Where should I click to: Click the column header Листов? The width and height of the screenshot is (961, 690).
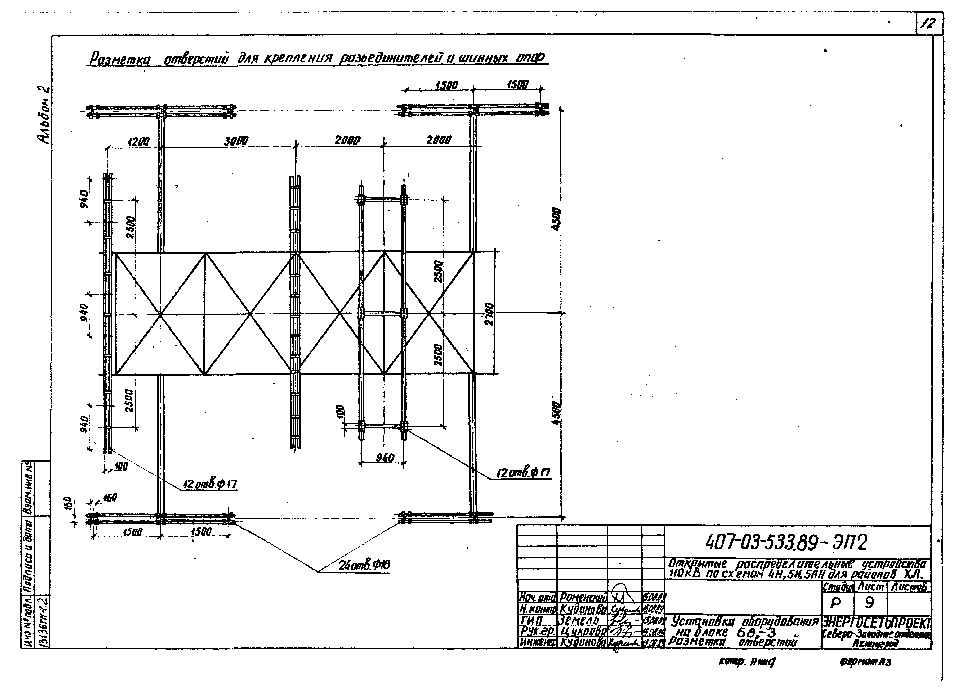click(x=909, y=587)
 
